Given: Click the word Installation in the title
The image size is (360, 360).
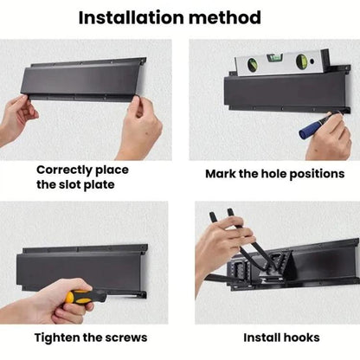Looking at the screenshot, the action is point(132,17).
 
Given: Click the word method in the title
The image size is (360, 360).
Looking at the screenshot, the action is point(225,17).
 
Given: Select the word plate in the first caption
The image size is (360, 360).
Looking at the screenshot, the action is point(99,185).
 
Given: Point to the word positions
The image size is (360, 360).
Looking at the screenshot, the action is point(317,174).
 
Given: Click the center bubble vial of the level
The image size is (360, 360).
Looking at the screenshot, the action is point(274,58).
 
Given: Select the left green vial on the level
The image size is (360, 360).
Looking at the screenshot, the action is point(253,64).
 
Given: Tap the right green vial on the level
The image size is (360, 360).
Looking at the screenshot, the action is point(302,61).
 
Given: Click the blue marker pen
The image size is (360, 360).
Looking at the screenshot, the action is point(318,125).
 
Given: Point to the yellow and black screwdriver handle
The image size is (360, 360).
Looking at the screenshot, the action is point(86,297).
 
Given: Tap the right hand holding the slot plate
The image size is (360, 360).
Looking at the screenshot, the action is point(141,127).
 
